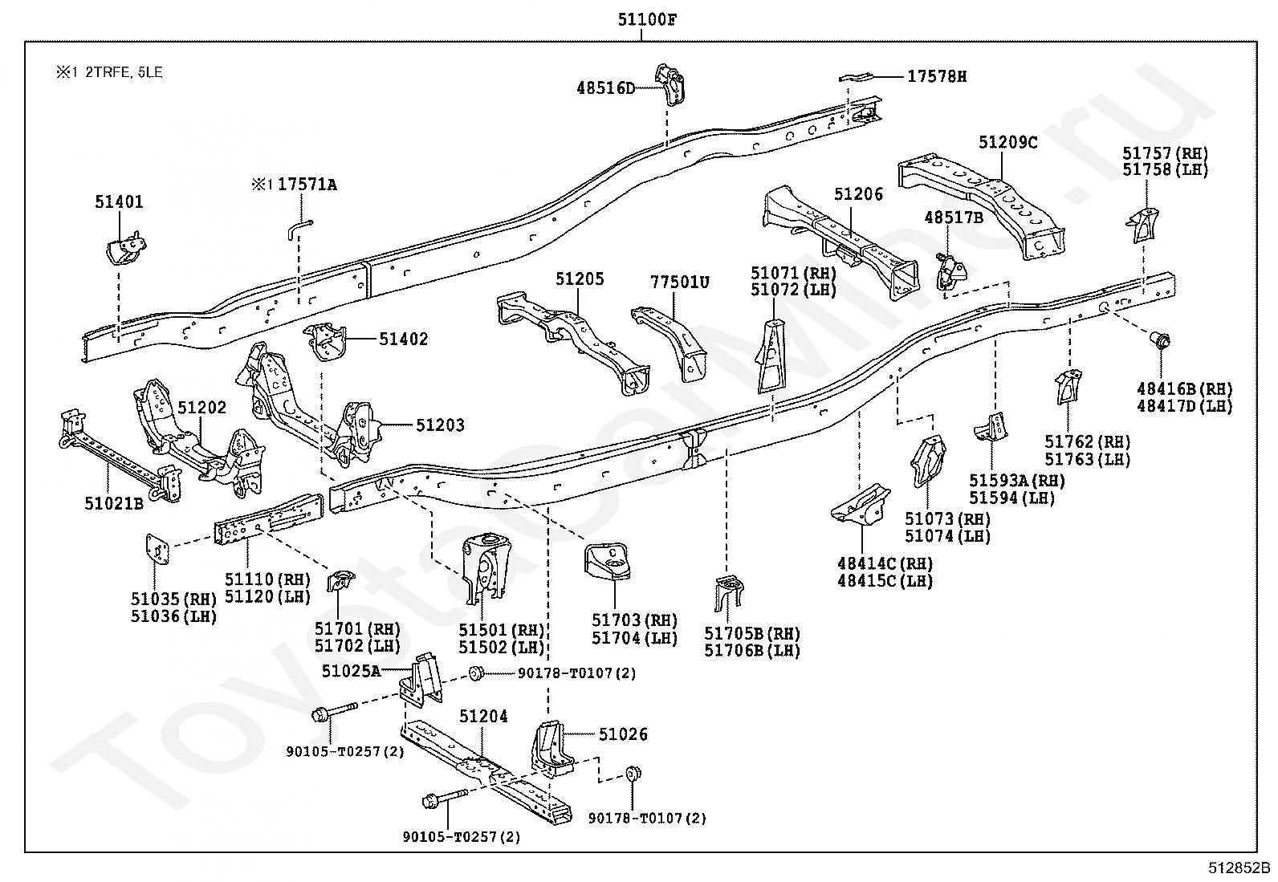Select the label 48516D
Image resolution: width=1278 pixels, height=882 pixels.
pos(605,87)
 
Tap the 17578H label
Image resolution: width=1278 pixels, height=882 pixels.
pos(937,76)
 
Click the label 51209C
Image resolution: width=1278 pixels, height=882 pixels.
pos(1007,142)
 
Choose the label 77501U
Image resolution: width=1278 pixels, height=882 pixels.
pos(680,282)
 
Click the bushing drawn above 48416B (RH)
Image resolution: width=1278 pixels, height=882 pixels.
pos(1161,340)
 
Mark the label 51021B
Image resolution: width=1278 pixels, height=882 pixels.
pos(113,503)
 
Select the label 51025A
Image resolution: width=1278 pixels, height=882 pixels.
pos(351,671)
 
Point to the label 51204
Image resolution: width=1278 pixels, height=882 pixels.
pos(483,716)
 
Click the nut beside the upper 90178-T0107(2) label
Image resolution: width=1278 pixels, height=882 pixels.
pos(474,673)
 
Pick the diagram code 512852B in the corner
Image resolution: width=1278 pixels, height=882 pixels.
pos(1239,868)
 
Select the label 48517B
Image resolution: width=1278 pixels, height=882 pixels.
pos(954,217)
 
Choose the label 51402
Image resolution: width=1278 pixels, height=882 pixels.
pos(404,339)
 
